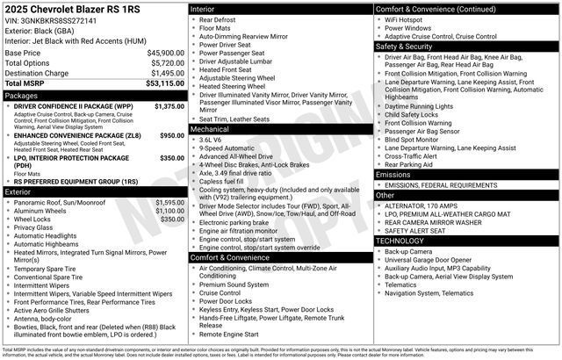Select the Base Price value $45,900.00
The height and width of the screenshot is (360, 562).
coord(165,53)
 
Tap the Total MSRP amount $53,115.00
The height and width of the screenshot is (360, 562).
coord(165,84)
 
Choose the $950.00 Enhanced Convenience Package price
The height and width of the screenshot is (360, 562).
coord(171,136)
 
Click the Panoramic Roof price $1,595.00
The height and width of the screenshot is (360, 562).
coord(169,202)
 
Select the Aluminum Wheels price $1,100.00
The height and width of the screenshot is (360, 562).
coord(169,211)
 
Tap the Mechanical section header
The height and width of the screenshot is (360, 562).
coord(209,128)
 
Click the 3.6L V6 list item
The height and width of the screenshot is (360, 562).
coord(210,140)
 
